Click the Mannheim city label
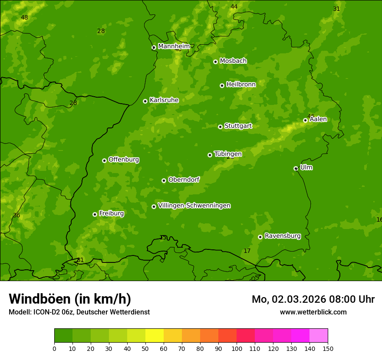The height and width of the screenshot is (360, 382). pyautogui.click(x=174, y=46)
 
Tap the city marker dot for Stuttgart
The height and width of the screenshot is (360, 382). pyautogui.click(x=220, y=127)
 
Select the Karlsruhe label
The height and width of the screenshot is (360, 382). pyautogui.click(x=164, y=100)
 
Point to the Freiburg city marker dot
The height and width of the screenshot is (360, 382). pyautogui.click(x=95, y=214)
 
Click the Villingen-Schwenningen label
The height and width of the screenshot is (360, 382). pyautogui.click(x=194, y=206)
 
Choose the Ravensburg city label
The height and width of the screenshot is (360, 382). pyautogui.click(x=282, y=236)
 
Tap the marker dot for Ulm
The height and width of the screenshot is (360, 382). pyautogui.click(x=296, y=168)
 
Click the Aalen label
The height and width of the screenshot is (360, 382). pyautogui.click(x=318, y=119)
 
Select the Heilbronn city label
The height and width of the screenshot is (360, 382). pyautogui.click(x=240, y=85)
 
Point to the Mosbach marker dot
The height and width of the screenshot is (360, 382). pyautogui.click(x=215, y=62)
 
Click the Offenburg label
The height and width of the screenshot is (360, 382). pyautogui.click(x=123, y=160)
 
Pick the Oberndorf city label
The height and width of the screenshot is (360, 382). pyautogui.click(x=184, y=180)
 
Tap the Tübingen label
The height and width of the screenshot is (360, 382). pyautogui.click(x=227, y=154)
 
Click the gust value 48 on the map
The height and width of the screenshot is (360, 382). pyautogui.click(x=24, y=18)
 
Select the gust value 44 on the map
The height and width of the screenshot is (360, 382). pyautogui.click(x=234, y=7)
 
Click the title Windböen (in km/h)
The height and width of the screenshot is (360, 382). pyautogui.click(x=69, y=299)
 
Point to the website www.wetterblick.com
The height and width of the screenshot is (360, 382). pyautogui.click(x=313, y=312)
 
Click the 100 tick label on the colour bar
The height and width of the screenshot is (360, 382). pyautogui.click(x=237, y=348)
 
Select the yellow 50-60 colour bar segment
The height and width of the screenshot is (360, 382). pyautogui.click(x=155, y=336)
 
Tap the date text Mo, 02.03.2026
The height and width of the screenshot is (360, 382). pyautogui.click(x=288, y=299)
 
